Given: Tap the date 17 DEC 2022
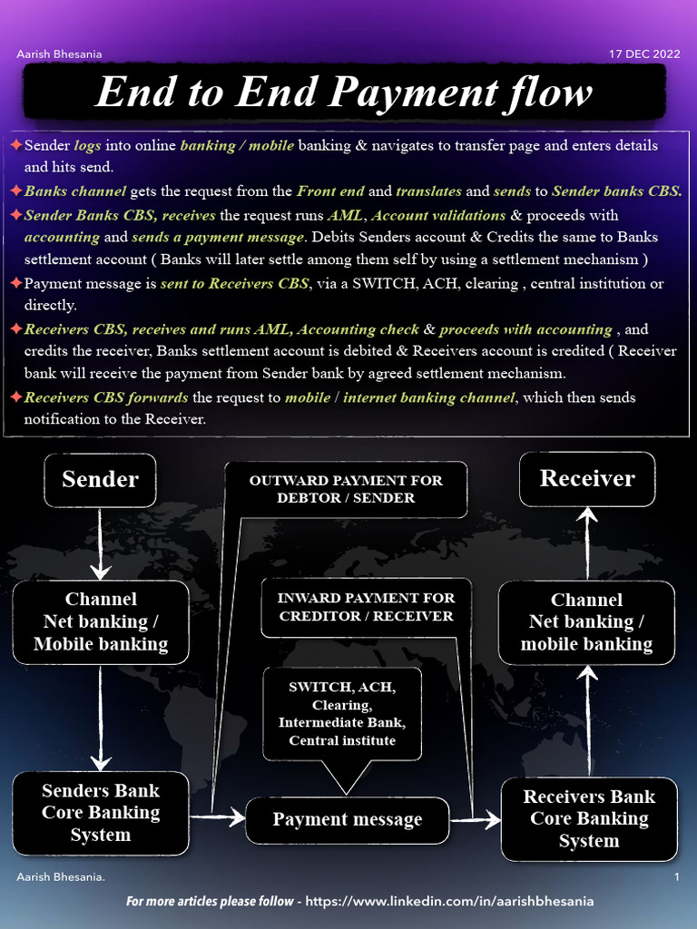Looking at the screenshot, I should [x=643, y=54].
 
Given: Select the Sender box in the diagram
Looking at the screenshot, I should [x=100, y=480].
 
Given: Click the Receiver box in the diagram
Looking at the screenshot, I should [x=587, y=479].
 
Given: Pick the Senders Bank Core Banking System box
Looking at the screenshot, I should [x=101, y=813].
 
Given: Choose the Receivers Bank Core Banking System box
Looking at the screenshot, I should [x=589, y=818].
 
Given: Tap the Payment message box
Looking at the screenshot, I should [x=348, y=820].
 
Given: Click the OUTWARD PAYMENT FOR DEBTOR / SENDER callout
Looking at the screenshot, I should [x=346, y=489].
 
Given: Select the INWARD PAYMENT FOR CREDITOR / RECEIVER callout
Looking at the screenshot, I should [x=366, y=607].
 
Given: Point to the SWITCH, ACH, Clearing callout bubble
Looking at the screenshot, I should [x=342, y=713].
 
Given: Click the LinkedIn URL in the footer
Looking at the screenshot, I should [x=449, y=901].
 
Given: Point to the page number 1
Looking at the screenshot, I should [x=677, y=877].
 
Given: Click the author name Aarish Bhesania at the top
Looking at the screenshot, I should [x=60, y=54].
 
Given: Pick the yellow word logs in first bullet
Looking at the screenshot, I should [x=88, y=145].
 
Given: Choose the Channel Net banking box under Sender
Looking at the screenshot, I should [x=101, y=621].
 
